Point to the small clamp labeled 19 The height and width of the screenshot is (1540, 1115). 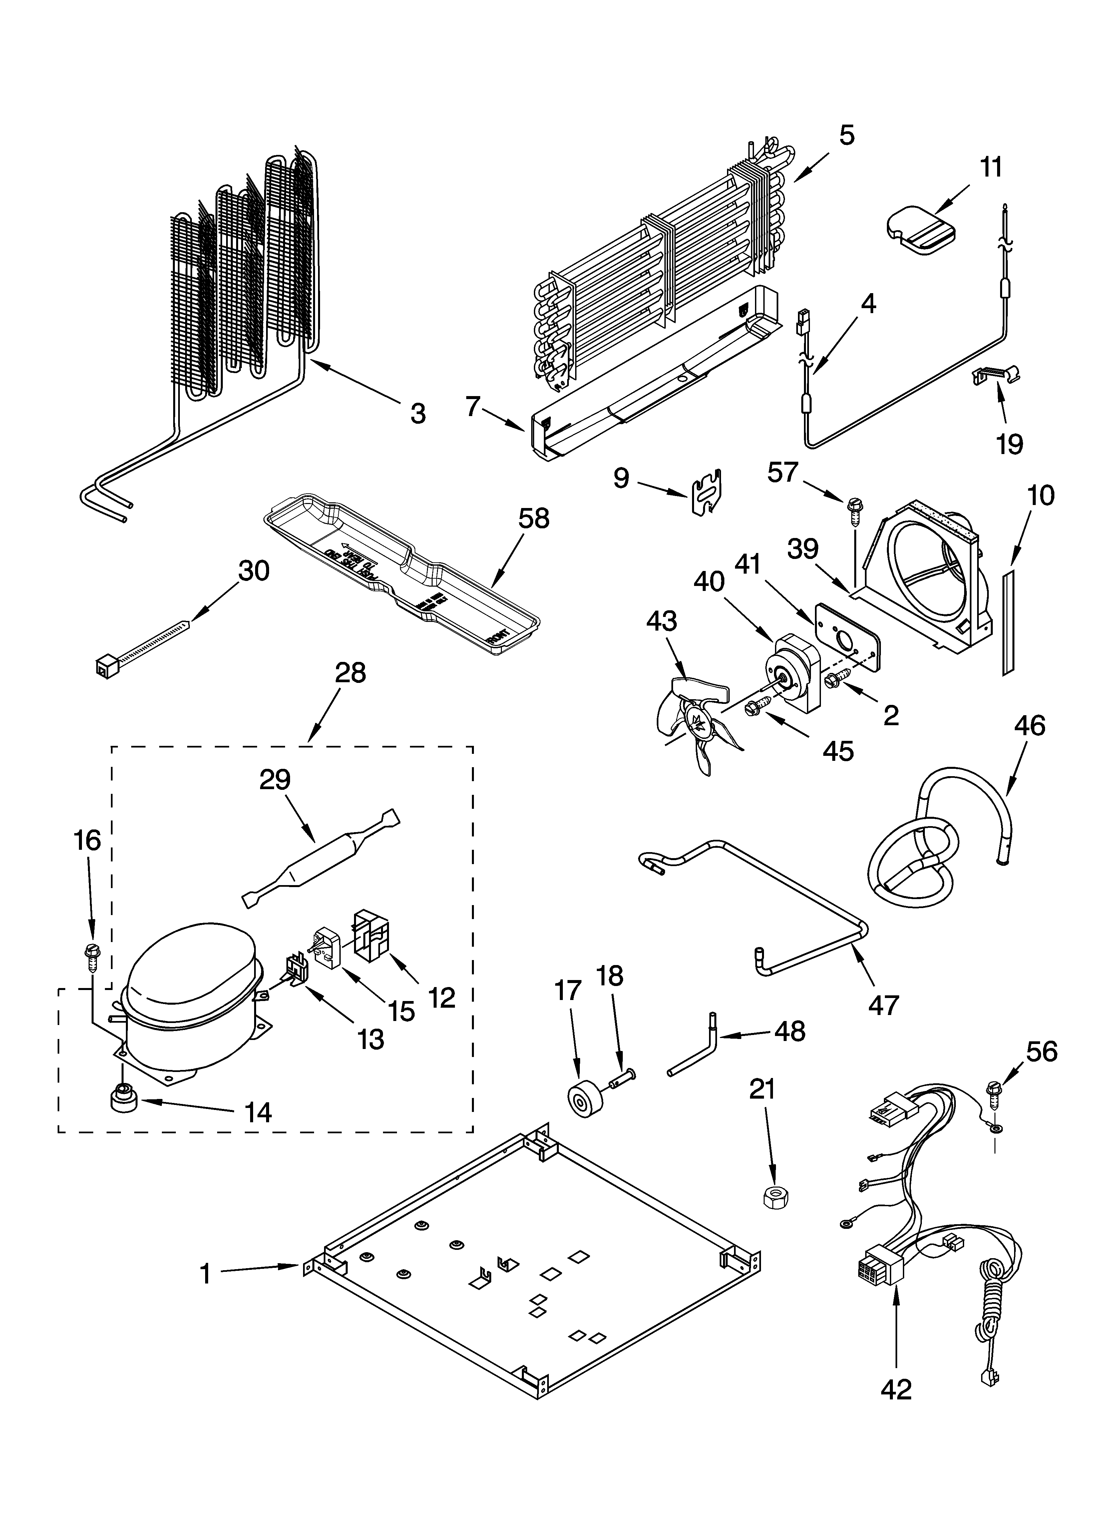[x=998, y=373]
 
